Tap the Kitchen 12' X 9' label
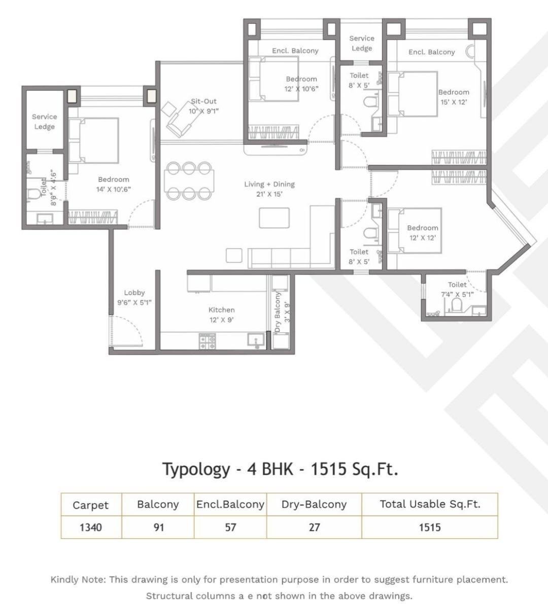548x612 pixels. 222,315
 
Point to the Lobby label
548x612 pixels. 134,293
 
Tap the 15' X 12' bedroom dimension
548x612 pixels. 454,102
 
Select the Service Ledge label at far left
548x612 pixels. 44,122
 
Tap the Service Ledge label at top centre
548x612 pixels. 362,43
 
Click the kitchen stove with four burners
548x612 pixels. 207,341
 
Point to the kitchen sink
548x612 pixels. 256,340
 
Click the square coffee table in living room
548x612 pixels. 274,218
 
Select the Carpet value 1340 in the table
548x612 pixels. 91,527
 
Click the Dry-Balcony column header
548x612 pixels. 314,505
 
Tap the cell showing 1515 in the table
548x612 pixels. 429,527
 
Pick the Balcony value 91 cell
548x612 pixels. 158,527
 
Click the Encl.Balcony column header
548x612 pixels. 230,505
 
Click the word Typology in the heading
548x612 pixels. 196,469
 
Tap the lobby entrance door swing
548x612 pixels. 124,329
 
